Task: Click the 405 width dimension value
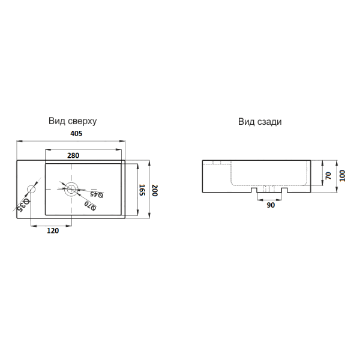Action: coord(76,133)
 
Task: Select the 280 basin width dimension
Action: coord(73,155)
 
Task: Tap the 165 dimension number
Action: coord(142,190)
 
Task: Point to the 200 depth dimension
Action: coord(155,190)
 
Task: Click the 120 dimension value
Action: coord(53,230)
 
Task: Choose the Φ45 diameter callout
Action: coord(97,194)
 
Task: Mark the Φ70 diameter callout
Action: coord(90,206)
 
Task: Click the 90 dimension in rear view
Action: coord(271,205)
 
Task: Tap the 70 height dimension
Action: coord(328,176)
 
